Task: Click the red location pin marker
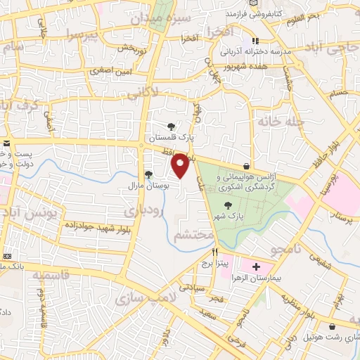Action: (x=181, y=166)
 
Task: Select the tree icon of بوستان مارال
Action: (x=148, y=174)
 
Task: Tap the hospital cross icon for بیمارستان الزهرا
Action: (x=256, y=267)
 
